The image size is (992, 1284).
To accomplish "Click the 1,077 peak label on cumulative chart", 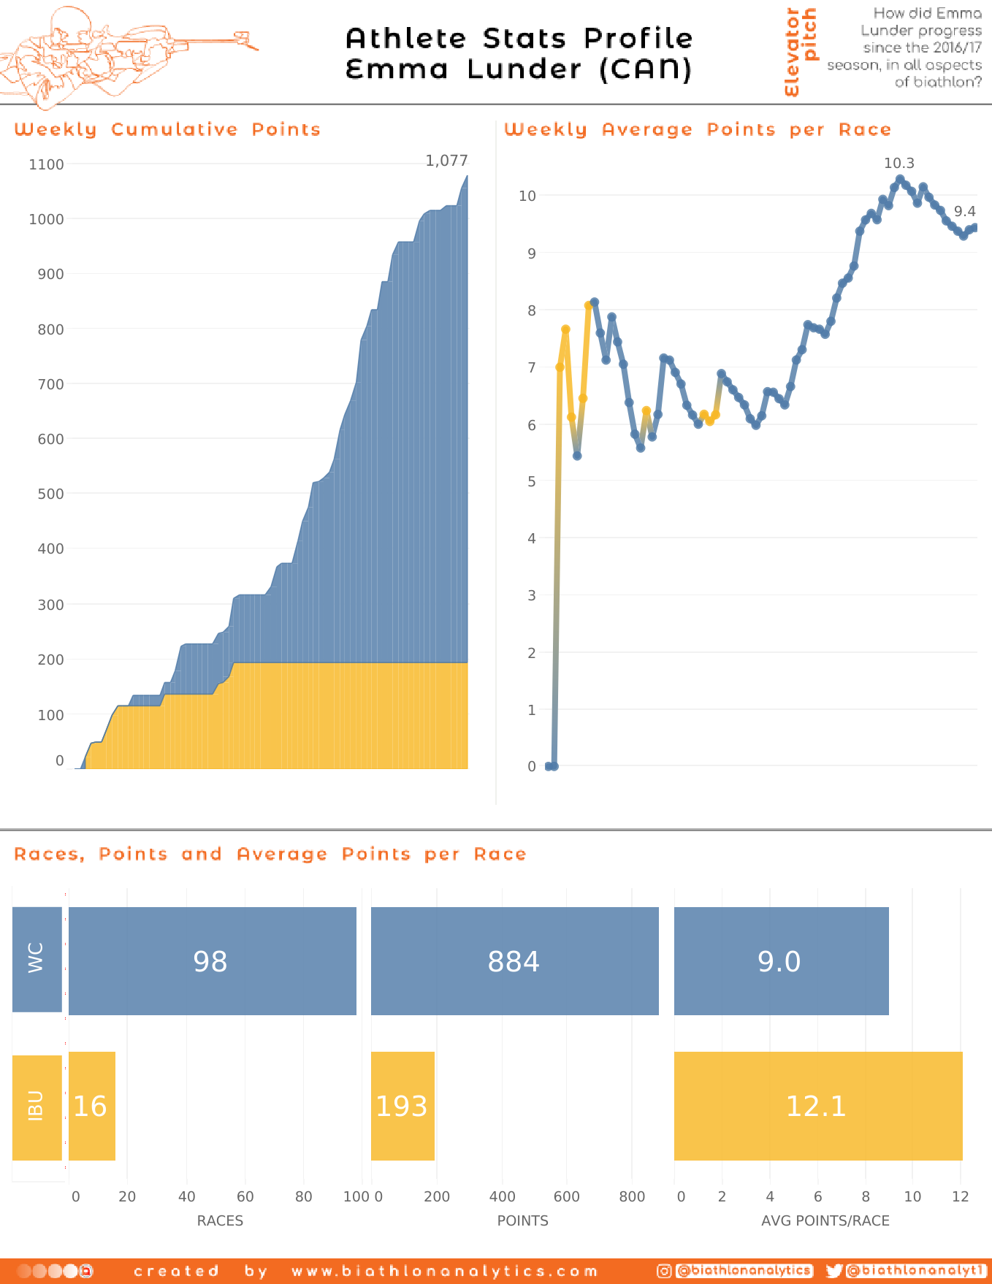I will coord(446,161).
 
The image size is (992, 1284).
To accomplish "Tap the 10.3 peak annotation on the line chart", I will coord(898,164).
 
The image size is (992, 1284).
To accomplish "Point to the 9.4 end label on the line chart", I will coord(964,212).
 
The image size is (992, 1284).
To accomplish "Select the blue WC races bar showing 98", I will coord(212,961).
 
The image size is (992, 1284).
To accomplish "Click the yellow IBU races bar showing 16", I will coord(92,1106).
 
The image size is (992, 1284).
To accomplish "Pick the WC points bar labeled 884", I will coord(514,961).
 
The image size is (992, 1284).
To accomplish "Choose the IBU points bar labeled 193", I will coord(402,1106).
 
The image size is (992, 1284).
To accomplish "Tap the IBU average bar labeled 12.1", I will coord(817,1106).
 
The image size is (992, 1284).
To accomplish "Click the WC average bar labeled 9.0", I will coord(781,961).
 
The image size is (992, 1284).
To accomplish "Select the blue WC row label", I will coord(37,959).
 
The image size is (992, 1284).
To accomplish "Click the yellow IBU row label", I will coord(37,1107).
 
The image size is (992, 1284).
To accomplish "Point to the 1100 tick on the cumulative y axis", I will coord(46,165).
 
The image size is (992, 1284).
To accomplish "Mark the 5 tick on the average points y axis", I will coord(531,482).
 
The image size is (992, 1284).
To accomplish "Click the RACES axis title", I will coord(220,1221).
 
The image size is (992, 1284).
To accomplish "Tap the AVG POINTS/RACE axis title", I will coord(825,1221).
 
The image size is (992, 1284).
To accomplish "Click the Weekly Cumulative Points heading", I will coord(167,130).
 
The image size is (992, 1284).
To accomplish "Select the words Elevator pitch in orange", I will coord(801,51).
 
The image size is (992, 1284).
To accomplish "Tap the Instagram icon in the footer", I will coord(663,1272).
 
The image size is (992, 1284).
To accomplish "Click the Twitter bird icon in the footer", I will coord(834,1272).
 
